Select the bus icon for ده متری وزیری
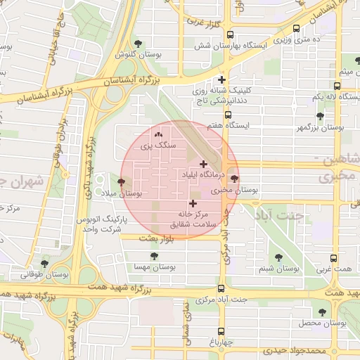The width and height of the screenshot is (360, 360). click(x=295, y=29)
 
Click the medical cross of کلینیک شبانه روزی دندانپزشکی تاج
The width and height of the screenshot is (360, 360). click(x=222, y=79)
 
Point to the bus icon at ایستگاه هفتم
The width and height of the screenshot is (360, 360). click(x=228, y=115)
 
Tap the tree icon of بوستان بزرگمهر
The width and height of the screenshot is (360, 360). click(x=320, y=116)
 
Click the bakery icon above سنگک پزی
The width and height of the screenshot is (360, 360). click(x=158, y=134)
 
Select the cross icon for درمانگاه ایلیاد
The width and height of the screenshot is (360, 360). click(x=204, y=164)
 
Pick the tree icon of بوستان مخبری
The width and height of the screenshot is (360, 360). click(x=234, y=179)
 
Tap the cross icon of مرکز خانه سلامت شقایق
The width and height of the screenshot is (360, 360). click(x=193, y=202)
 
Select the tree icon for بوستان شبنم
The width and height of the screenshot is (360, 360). click(x=278, y=257)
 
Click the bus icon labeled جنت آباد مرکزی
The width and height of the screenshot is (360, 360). click(x=221, y=288)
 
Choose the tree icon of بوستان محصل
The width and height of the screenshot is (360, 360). click(x=322, y=311)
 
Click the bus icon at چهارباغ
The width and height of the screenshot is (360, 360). click(x=221, y=330)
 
